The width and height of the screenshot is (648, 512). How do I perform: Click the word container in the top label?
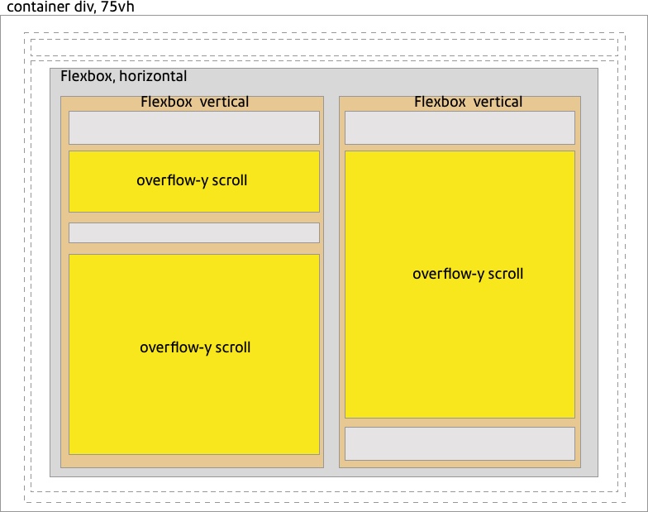pos(36,7)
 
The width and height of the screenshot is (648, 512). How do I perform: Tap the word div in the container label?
pos(83,7)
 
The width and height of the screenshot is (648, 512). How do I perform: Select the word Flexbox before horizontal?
pos(88,76)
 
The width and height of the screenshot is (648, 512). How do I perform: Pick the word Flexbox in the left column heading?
pos(166,102)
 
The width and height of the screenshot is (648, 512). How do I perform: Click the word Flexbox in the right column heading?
pos(441,102)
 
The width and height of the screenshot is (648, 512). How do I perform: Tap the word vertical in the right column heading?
pos(496,102)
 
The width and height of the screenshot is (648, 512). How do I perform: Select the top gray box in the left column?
pos(193,127)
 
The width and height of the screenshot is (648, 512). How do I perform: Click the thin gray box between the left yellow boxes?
pos(193,232)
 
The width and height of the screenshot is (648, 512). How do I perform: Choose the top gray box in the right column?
pos(459,127)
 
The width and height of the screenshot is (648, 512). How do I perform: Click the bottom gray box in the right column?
pos(459,443)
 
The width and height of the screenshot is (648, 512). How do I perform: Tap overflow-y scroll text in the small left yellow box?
pos(192,180)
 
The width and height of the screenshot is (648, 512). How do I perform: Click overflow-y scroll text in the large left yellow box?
pos(195,347)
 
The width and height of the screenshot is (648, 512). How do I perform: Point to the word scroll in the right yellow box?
pos(505,274)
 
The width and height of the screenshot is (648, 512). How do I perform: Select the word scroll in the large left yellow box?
pos(232,347)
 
